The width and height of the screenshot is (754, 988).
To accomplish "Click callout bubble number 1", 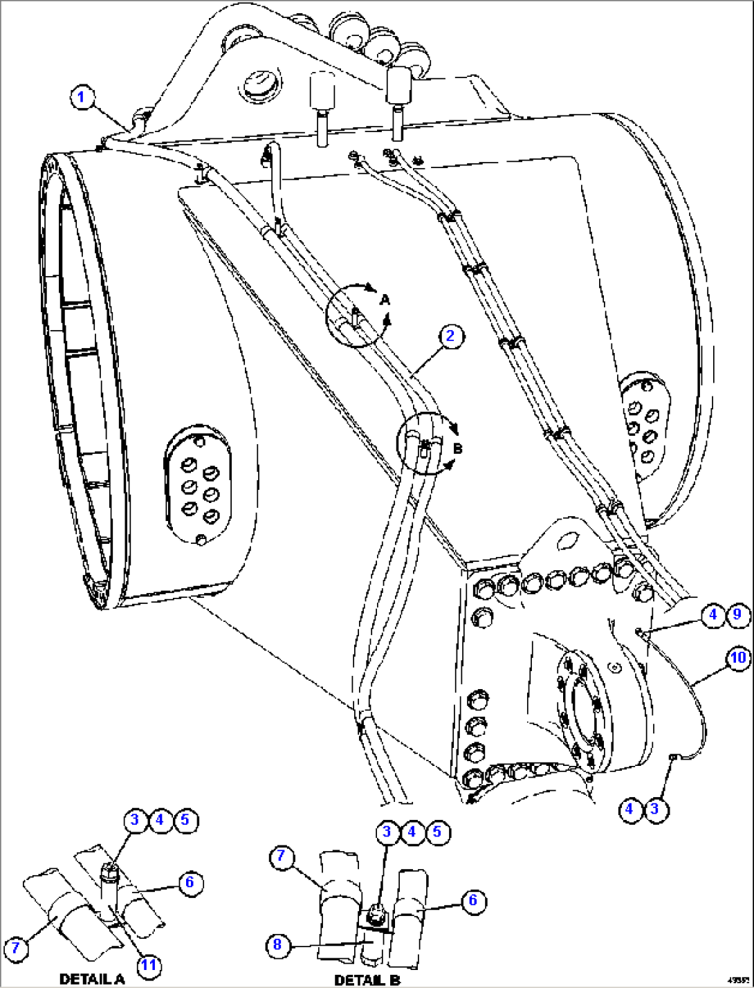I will point(82,97).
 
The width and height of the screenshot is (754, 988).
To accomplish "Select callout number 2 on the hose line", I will point(451,336).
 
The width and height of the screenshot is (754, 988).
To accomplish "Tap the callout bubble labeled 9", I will point(737,614).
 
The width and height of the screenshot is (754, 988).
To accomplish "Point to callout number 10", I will point(738,657).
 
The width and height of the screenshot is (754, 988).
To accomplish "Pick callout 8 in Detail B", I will point(277,945).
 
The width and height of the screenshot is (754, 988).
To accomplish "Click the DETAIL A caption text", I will point(91,979).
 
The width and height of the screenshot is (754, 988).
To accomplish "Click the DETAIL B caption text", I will point(367,980).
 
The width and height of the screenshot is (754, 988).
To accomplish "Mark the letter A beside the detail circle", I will point(385,300).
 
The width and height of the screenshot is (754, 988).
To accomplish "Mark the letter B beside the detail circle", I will point(457,448).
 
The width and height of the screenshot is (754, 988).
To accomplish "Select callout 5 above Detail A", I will point(185,820).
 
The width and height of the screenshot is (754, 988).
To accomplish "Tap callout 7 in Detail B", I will point(281,857).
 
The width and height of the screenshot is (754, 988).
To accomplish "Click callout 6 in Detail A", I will point(190,882).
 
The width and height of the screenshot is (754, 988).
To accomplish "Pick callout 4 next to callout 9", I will point(712,614).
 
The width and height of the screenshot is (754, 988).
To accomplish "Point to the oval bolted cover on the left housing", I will point(199,487).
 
